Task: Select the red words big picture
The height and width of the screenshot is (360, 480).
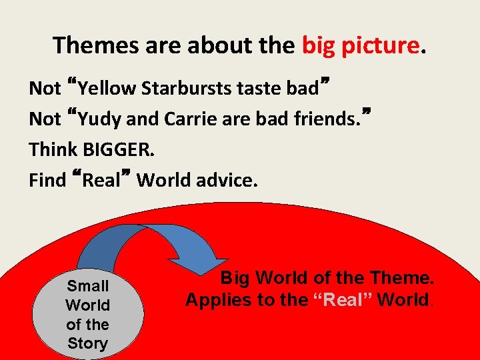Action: (x=361, y=45)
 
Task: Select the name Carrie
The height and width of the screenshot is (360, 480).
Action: (x=179, y=119)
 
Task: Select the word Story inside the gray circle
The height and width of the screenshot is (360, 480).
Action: (x=87, y=344)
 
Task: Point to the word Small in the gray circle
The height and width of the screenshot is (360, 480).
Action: (x=87, y=286)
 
